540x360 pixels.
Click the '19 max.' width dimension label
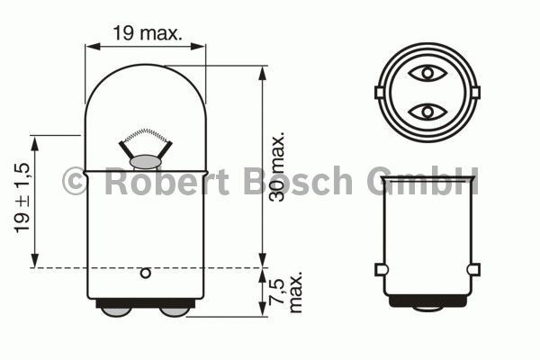[147, 33]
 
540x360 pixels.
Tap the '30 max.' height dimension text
[277, 166]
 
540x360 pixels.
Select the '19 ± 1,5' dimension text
[22, 198]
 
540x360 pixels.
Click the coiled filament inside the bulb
[146, 135]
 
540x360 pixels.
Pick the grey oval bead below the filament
[145, 162]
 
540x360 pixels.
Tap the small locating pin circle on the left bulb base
[146, 274]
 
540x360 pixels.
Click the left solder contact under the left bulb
[116, 311]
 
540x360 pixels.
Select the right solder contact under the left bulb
[175, 311]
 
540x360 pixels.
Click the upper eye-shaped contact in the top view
[427, 73]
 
